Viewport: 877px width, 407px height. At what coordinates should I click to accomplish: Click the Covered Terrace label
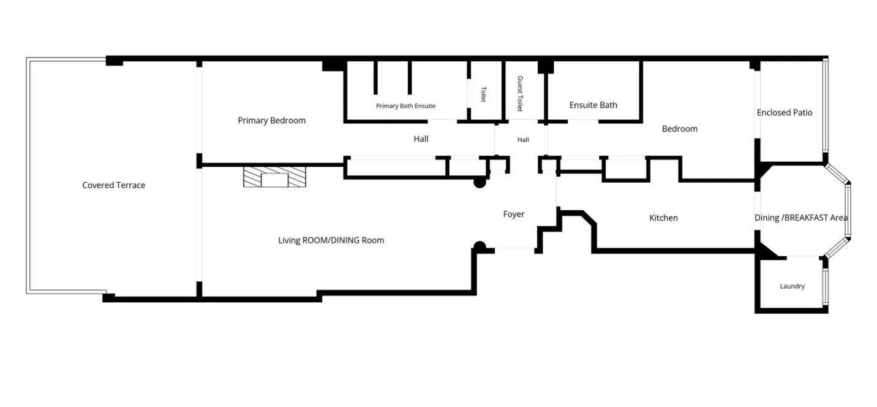pyautogui.click(x=113, y=185)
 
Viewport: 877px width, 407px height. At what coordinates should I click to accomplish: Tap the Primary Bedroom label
pyautogui.click(x=272, y=121)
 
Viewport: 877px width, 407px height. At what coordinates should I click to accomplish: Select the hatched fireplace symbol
pyautogui.click(x=274, y=177)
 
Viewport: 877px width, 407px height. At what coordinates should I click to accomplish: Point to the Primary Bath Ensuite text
pyautogui.click(x=405, y=106)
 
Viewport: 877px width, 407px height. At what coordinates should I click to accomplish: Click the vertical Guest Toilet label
pyautogui.click(x=520, y=94)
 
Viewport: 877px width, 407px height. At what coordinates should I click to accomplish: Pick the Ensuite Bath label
pyautogui.click(x=593, y=105)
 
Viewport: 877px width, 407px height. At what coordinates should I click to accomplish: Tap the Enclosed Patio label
pyautogui.click(x=784, y=113)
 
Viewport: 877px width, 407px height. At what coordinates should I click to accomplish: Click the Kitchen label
pyautogui.click(x=663, y=218)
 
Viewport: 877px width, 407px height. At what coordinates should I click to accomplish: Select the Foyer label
pyautogui.click(x=514, y=215)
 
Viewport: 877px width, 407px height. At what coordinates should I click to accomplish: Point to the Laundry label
pyautogui.click(x=792, y=286)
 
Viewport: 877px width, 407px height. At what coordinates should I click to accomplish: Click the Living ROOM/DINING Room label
pyautogui.click(x=331, y=240)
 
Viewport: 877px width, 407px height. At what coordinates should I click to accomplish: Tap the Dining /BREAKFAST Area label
pyautogui.click(x=801, y=218)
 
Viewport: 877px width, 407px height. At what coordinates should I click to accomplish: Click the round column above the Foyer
pyautogui.click(x=480, y=182)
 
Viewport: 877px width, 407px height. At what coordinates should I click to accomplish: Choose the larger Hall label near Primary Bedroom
pyautogui.click(x=421, y=139)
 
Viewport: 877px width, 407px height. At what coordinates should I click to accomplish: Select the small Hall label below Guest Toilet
pyautogui.click(x=523, y=140)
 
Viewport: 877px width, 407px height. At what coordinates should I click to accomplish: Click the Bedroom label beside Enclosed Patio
pyautogui.click(x=680, y=129)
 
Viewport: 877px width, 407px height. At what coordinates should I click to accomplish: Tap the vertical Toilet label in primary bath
pyautogui.click(x=484, y=94)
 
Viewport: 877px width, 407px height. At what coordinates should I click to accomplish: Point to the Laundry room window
pyautogui.click(x=826, y=287)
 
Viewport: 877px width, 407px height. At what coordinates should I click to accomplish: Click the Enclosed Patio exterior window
pyautogui.click(x=826, y=105)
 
